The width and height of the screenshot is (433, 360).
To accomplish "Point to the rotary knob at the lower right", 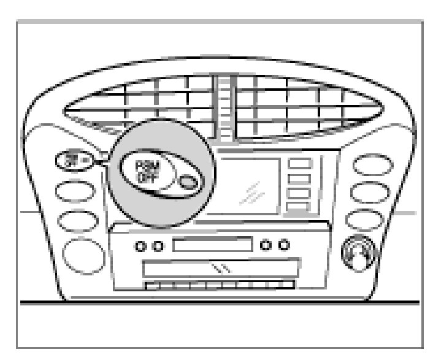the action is [358, 251].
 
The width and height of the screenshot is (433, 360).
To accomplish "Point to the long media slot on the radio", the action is [221, 269].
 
